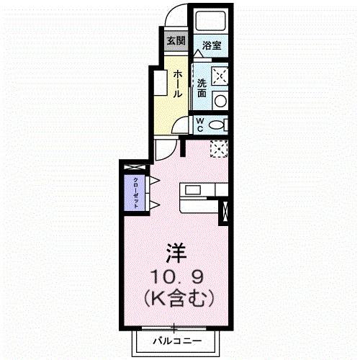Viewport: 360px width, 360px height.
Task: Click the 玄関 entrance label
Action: coord(176,40)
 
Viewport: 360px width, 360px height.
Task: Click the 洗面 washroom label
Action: coord(202,87)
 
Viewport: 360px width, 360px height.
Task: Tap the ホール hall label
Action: coord(177,84)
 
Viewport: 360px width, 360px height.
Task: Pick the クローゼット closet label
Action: coord(135,192)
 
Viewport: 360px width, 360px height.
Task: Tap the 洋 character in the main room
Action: coord(176,253)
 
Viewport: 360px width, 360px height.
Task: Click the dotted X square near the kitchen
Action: coord(218,148)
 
